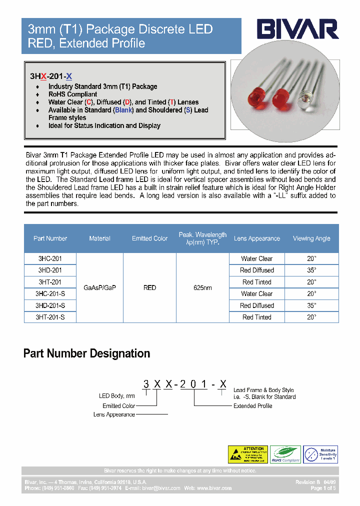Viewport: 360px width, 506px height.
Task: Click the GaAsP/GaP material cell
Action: (99, 288)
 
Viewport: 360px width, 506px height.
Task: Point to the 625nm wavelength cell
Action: (202, 288)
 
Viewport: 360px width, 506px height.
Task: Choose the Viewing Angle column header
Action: (311, 238)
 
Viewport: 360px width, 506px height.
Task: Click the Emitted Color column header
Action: (149, 238)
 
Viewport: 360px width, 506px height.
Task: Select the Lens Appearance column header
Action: (256, 238)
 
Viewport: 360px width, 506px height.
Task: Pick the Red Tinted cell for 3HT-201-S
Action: (256, 317)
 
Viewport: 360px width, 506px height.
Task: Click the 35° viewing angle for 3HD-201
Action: (311, 270)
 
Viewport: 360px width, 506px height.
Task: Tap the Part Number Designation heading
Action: (86, 353)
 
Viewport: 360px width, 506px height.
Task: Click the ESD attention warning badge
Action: (247, 454)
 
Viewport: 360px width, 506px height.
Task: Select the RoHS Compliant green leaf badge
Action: (285, 454)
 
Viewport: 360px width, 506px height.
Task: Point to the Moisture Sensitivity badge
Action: (320, 454)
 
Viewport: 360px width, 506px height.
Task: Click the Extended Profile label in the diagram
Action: (252, 406)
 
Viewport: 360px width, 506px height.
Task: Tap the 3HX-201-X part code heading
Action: (51, 76)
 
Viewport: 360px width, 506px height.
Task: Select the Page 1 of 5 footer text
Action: (323, 488)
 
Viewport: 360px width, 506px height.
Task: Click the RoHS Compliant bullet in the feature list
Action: (72, 94)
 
